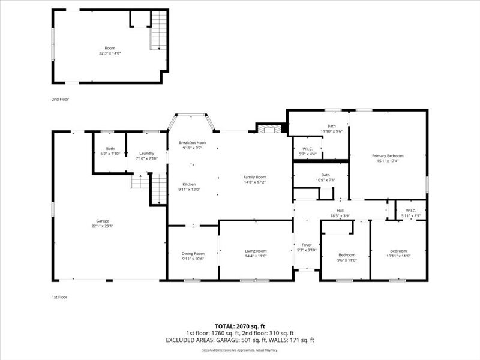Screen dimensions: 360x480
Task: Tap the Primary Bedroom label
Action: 387,155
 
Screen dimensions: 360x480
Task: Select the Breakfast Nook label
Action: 193,142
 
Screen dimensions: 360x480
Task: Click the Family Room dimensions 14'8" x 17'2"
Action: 254,182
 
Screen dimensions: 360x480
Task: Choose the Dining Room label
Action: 193,253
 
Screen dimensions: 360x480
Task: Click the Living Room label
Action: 256,251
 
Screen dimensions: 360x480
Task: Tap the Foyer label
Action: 307,245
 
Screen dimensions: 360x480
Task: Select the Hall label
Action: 340,211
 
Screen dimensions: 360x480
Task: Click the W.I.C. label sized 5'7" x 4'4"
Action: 307,149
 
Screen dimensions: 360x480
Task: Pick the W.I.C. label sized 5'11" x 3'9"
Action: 411,211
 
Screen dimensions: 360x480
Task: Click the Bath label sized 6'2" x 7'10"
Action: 110,149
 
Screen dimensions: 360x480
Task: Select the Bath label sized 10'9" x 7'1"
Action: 325,175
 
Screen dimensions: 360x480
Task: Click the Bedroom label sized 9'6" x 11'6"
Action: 346,254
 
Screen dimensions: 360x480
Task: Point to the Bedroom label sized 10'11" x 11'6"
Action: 398,251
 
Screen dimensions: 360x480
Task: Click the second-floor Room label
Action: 110,48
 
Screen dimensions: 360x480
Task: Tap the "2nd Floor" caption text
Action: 60,99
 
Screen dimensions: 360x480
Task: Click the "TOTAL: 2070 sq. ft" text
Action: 240,326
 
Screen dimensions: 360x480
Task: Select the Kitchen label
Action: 189,184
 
